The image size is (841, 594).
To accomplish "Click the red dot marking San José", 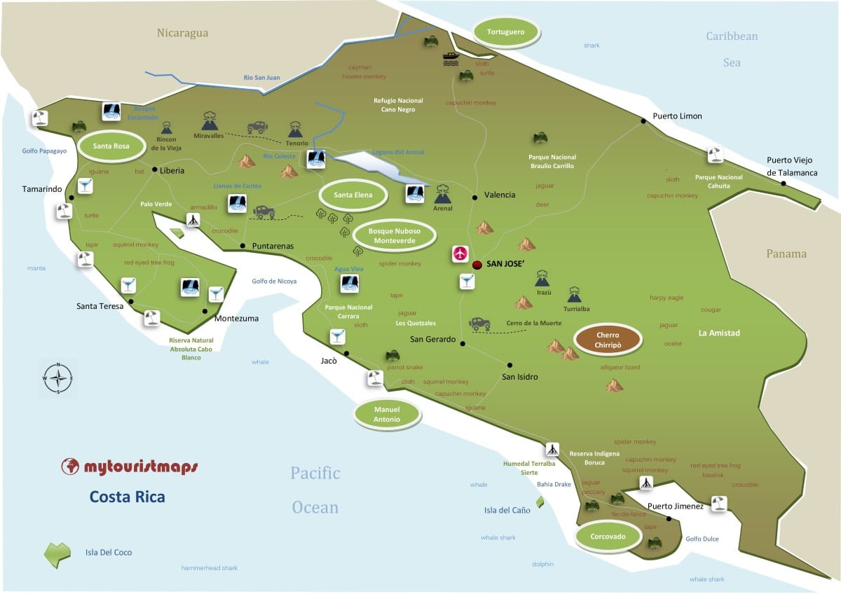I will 477,265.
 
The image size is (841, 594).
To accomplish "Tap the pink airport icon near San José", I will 460,254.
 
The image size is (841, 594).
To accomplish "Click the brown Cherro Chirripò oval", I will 608,340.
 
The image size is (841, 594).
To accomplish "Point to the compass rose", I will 58,378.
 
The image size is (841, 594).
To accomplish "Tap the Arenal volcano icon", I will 443,193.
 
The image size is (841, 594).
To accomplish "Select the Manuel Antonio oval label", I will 387,414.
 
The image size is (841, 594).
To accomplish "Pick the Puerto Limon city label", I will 677,116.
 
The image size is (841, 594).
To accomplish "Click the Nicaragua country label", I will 182,33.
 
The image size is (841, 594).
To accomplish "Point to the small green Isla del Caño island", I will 540,502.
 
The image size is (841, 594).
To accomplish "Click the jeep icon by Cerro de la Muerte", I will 480,324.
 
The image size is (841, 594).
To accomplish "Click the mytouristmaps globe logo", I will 69,467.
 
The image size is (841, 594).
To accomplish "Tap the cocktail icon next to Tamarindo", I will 85,186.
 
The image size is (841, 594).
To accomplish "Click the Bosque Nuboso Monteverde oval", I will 395,235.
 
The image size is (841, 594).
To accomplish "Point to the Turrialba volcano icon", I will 575,294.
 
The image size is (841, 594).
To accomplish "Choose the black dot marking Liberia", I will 154,170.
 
